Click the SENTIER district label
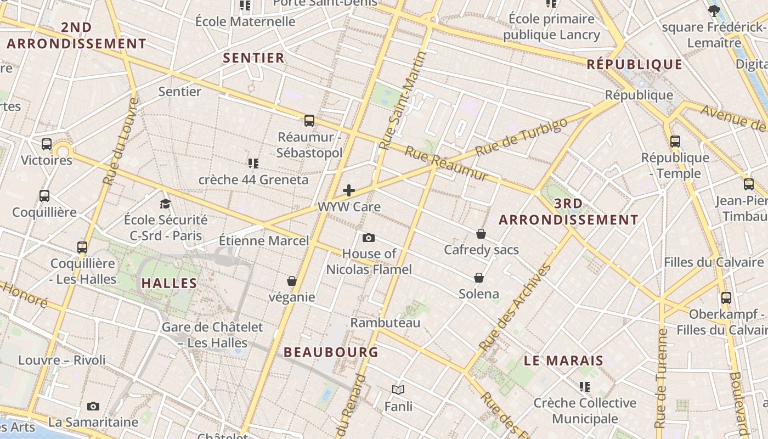253,58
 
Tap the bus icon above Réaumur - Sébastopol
309,121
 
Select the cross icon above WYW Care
348,190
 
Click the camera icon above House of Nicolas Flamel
369,238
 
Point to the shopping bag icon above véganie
292,281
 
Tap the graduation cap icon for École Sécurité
165,204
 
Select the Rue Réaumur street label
446,163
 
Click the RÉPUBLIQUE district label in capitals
635,64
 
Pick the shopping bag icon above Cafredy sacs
481,234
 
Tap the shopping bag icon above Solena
479,278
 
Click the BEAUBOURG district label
331,352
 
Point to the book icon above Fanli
398,390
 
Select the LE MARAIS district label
563,361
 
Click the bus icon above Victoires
47,144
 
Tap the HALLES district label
169,283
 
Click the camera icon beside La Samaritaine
93,407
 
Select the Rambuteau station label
385,322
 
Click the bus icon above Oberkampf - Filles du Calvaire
726,298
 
